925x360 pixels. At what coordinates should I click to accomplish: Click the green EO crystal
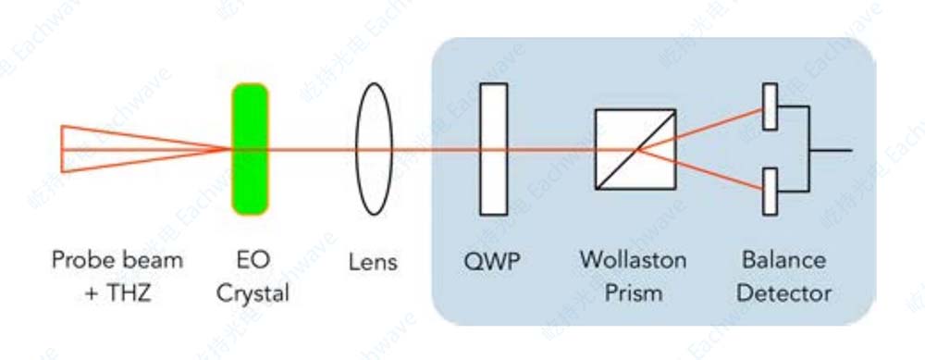tap(250, 149)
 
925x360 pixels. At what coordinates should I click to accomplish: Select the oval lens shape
tap(374, 149)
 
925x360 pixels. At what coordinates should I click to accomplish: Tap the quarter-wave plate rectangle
tap(493, 149)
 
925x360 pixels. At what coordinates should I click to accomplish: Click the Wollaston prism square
tap(635, 149)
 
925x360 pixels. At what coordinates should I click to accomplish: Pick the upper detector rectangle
tap(770, 106)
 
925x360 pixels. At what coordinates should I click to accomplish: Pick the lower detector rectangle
tap(770, 192)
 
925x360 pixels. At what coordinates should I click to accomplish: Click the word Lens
tap(373, 263)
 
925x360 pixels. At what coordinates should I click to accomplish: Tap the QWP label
tap(493, 263)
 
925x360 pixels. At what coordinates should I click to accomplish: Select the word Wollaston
tap(633, 260)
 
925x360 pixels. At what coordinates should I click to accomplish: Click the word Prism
tap(633, 292)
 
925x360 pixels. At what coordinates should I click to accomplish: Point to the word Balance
tap(784, 260)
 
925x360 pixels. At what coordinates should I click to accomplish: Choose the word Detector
tap(784, 292)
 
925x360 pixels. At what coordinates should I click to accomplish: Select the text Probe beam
tap(117, 260)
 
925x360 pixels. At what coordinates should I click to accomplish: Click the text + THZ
tap(117, 292)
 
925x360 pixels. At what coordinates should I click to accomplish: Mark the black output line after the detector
tap(831, 150)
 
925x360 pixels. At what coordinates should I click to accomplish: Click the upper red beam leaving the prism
tap(700, 130)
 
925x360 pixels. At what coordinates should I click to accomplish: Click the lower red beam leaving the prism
tap(700, 170)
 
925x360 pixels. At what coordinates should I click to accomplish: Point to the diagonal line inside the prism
tap(635, 149)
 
